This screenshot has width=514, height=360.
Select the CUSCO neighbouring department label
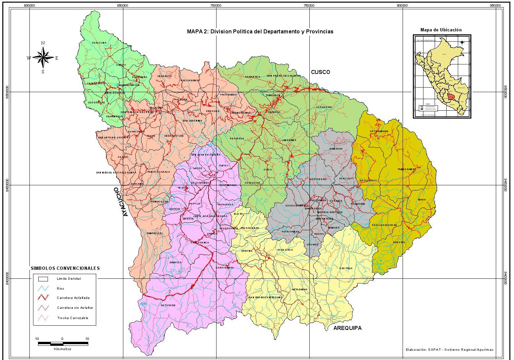(320, 72)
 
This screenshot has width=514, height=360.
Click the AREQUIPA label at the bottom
(347, 328)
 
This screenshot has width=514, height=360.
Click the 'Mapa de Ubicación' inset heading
(441, 30)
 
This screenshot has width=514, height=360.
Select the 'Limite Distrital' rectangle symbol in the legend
(43, 279)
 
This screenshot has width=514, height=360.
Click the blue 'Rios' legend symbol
(43, 288)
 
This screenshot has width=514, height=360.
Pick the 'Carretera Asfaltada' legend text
(73, 298)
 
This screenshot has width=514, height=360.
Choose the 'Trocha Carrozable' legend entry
(72, 318)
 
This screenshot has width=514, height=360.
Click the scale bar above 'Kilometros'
(62, 343)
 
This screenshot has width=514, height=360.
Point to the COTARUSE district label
(168, 306)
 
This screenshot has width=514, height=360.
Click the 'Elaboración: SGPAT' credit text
(450, 349)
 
